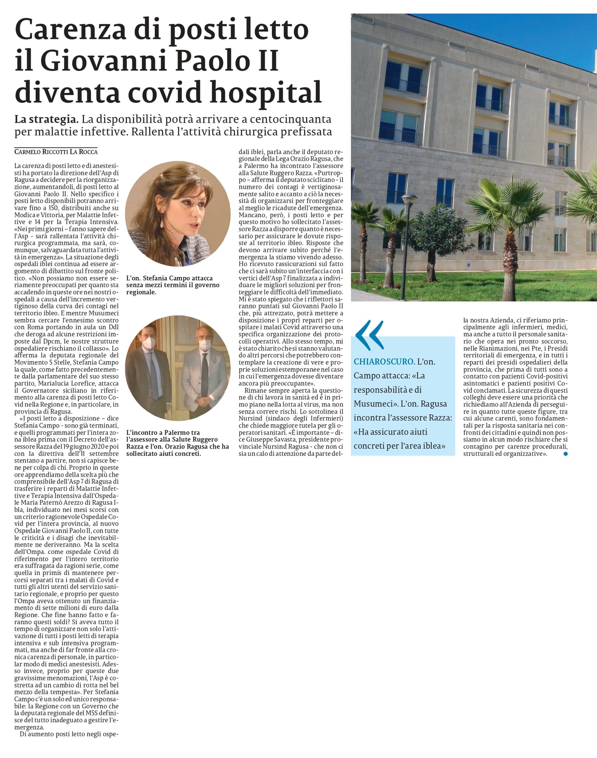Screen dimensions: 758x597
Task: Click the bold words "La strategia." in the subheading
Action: [47, 119]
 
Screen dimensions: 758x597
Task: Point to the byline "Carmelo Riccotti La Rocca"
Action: [56, 152]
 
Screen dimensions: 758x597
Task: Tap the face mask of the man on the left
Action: [149, 342]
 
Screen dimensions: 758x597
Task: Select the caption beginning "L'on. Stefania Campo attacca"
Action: [173, 285]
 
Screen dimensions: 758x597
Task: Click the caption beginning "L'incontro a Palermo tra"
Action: [177, 443]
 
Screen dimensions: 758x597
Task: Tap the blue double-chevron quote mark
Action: [369, 335]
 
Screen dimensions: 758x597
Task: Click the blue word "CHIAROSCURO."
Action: [384, 362]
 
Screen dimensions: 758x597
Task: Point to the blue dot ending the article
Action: [566, 453]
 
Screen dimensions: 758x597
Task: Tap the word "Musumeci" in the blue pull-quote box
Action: [373, 404]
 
